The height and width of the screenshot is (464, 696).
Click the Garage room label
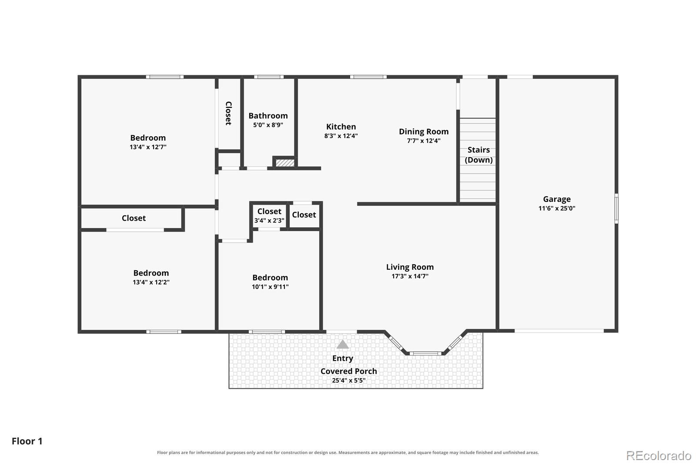tap(556, 199)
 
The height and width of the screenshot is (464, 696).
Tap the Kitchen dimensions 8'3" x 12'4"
tap(341, 136)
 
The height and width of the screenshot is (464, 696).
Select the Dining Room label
tap(424, 131)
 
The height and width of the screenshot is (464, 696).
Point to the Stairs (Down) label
tap(478, 155)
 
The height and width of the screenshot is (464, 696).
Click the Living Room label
tap(410, 267)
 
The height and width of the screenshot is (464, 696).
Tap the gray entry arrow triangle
tap(342, 344)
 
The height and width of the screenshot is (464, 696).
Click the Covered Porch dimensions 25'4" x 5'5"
tap(348, 380)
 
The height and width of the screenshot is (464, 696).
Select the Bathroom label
tap(268, 116)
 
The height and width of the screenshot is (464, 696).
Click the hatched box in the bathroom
tap(285, 163)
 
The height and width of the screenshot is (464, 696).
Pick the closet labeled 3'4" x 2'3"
tap(269, 215)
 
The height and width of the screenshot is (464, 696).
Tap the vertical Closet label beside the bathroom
tap(228, 113)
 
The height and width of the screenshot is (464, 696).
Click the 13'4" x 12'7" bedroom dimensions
tap(148, 147)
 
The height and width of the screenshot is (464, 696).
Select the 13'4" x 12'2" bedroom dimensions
tap(151, 282)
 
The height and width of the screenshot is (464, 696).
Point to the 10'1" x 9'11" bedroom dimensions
tap(270, 287)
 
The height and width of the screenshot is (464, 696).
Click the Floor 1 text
tap(27, 441)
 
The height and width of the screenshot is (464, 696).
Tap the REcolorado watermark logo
tap(659, 456)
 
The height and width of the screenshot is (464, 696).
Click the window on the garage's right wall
tap(616, 208)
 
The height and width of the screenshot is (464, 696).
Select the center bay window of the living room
tap(425, 353)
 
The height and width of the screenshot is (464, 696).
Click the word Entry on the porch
tap(342, 358)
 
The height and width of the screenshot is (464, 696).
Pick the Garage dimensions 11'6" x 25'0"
tap(557, 208)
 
